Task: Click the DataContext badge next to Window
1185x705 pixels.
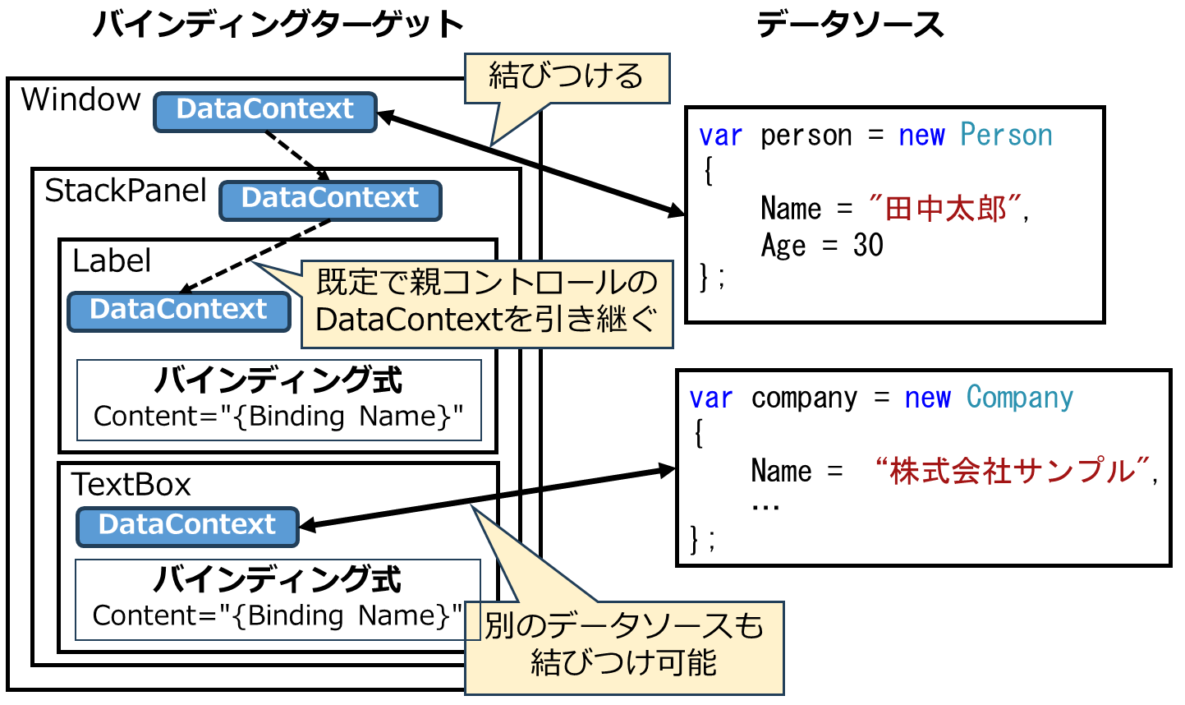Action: (264, 111)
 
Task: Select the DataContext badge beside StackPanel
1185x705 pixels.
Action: (330, 200)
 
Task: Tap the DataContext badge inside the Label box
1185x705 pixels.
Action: (179, 311)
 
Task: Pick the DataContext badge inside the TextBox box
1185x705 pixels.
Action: (187, 526)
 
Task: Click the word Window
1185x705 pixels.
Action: (80, 99)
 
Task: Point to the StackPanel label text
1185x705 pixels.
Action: (125, 191)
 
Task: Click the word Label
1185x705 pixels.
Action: (112, 261)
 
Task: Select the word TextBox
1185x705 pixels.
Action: (131, 485)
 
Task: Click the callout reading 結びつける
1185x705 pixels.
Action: (567, 77)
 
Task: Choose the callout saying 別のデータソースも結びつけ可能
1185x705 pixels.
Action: (624, 646)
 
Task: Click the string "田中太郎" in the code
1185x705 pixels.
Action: (945, 209)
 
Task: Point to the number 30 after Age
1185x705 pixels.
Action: (868, 245)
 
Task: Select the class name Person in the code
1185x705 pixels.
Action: (1006, 135)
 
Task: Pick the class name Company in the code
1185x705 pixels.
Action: (1019, 398)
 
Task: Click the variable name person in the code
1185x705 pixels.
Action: (806, 135)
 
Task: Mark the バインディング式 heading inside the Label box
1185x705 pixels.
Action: (278, 380)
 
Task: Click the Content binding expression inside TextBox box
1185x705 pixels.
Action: (278, 615)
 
